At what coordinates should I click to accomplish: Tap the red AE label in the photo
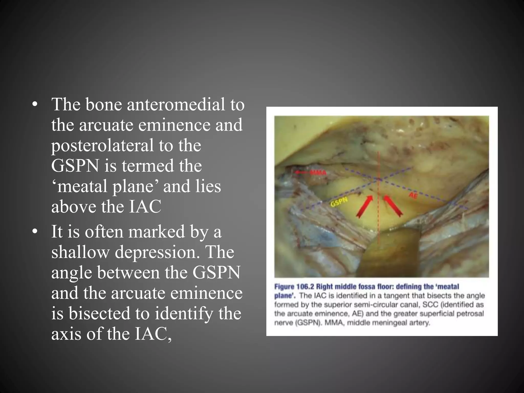(413, 196)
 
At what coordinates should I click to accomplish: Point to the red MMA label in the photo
(318, 173)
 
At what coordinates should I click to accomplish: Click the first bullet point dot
(35, 105)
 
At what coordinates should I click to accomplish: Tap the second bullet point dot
(35, 232)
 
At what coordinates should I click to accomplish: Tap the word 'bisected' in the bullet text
(99, 313)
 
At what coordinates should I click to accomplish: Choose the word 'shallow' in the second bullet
(80, 252)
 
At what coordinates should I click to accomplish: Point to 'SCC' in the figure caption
(431, 305)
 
